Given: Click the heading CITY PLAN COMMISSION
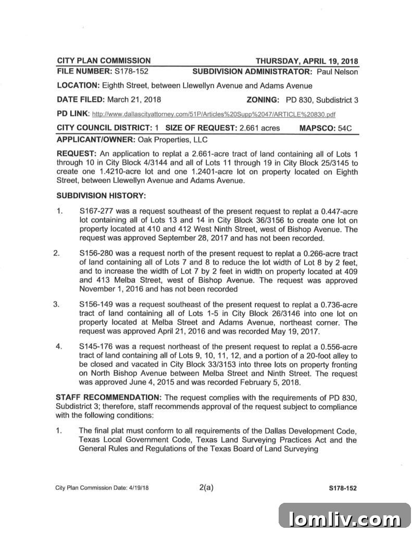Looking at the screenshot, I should (x=104, y=60).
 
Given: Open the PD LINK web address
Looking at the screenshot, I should (x=214, y=114).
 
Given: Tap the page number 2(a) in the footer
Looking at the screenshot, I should (x=207, y=487).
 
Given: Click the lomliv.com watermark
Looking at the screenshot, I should (x=345, y=518).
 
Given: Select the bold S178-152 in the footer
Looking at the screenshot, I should (x=342, y=488).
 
